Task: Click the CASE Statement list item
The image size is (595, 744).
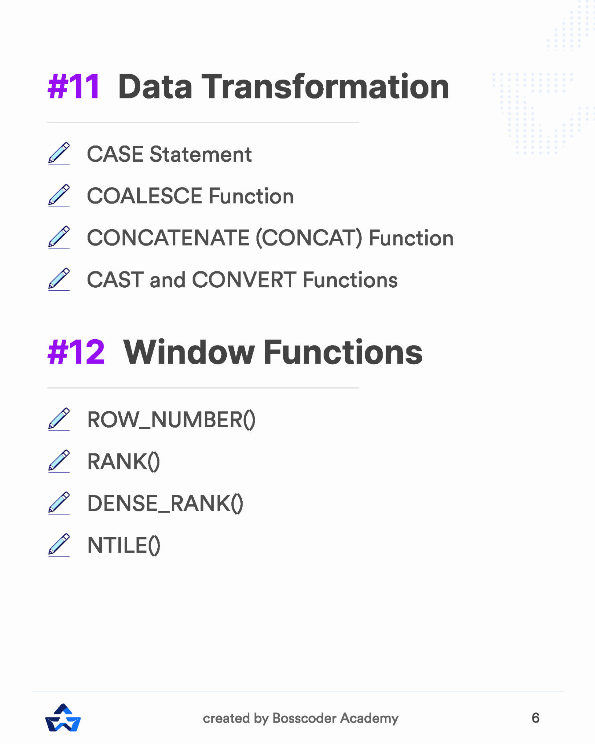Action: [169, 154]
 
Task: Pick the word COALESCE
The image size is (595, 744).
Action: [144, 196]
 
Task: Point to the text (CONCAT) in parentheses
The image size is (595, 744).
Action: [309, 238]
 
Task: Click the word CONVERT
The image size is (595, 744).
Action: [244, 280]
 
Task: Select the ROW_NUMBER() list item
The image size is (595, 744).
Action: [171, 420]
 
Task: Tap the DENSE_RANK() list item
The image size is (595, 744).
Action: [165, 504]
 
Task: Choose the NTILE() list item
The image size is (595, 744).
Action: [124, 546]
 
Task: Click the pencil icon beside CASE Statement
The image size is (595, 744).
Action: [59, 153]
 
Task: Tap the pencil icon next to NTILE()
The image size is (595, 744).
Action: [59, 545]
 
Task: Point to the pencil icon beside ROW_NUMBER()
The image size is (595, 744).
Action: [59, 419]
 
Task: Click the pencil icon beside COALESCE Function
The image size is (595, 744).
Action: [59, 195]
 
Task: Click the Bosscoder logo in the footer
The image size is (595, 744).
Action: [63, 718]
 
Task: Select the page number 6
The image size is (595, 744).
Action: [535, 718]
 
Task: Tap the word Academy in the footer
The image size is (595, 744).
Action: [369, 719]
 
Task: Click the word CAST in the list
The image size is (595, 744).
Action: [115, 280]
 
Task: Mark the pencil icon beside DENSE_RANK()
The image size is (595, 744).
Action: [59, 503]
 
